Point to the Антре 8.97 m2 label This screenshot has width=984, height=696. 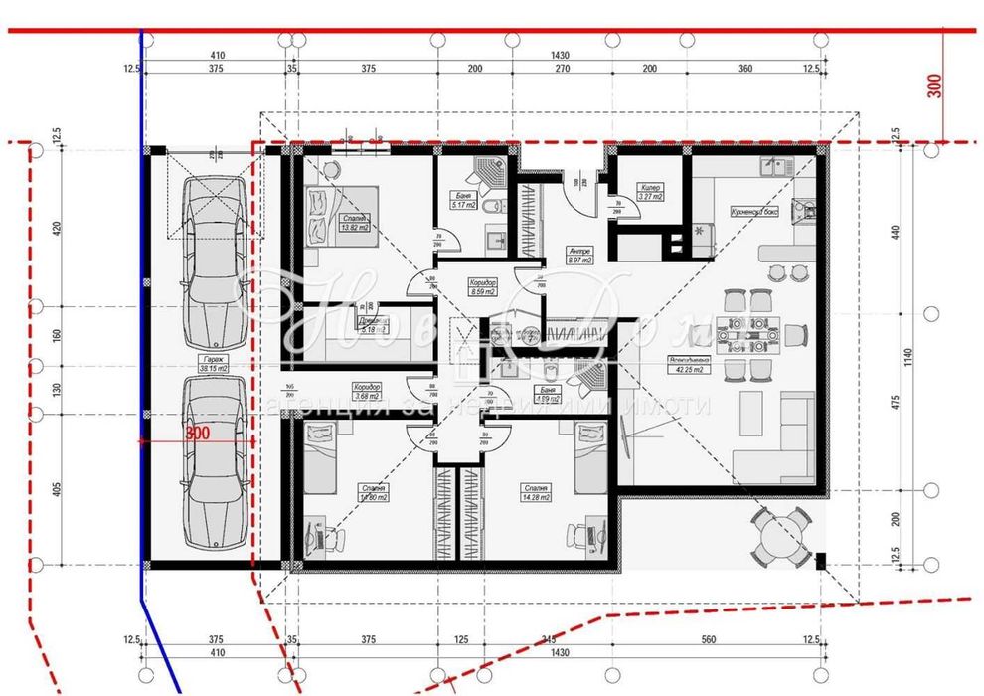point(578,256)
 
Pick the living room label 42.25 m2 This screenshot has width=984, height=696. point(689,365)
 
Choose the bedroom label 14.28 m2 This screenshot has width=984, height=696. point(533,493)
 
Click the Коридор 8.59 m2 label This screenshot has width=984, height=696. point(483,288)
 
